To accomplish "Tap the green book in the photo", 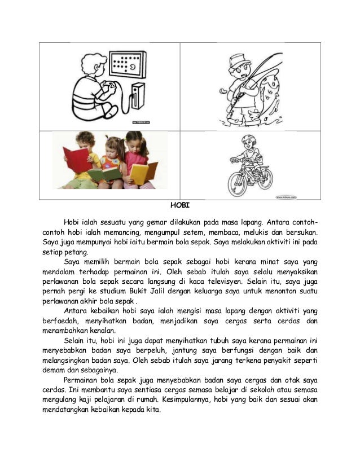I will pos(104,173).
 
